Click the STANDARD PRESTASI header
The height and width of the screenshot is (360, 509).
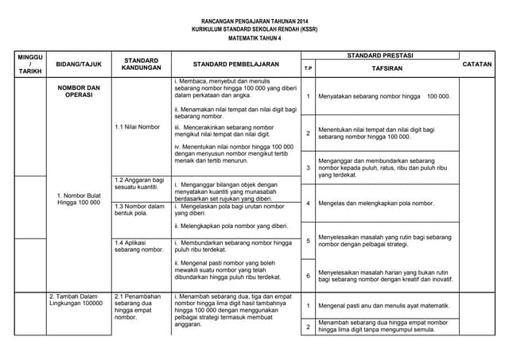pyautogui.click(x=380, y=56)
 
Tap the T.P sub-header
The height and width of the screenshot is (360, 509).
pyautogui.click(x=308, y=70)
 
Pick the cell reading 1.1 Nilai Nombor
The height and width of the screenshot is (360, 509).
pyautogui.click(x=137, y=126)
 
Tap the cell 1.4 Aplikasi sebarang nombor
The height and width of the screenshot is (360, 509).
pyautogui.click(x=139, y=246)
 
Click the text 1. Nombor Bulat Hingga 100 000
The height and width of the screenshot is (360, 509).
pyautogui.click(x=79, y=199)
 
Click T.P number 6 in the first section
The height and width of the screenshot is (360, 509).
pyautogui.click(x=308, y=275)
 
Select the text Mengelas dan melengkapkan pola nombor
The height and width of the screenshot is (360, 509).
pyautogui.click(x=376, y=203)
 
